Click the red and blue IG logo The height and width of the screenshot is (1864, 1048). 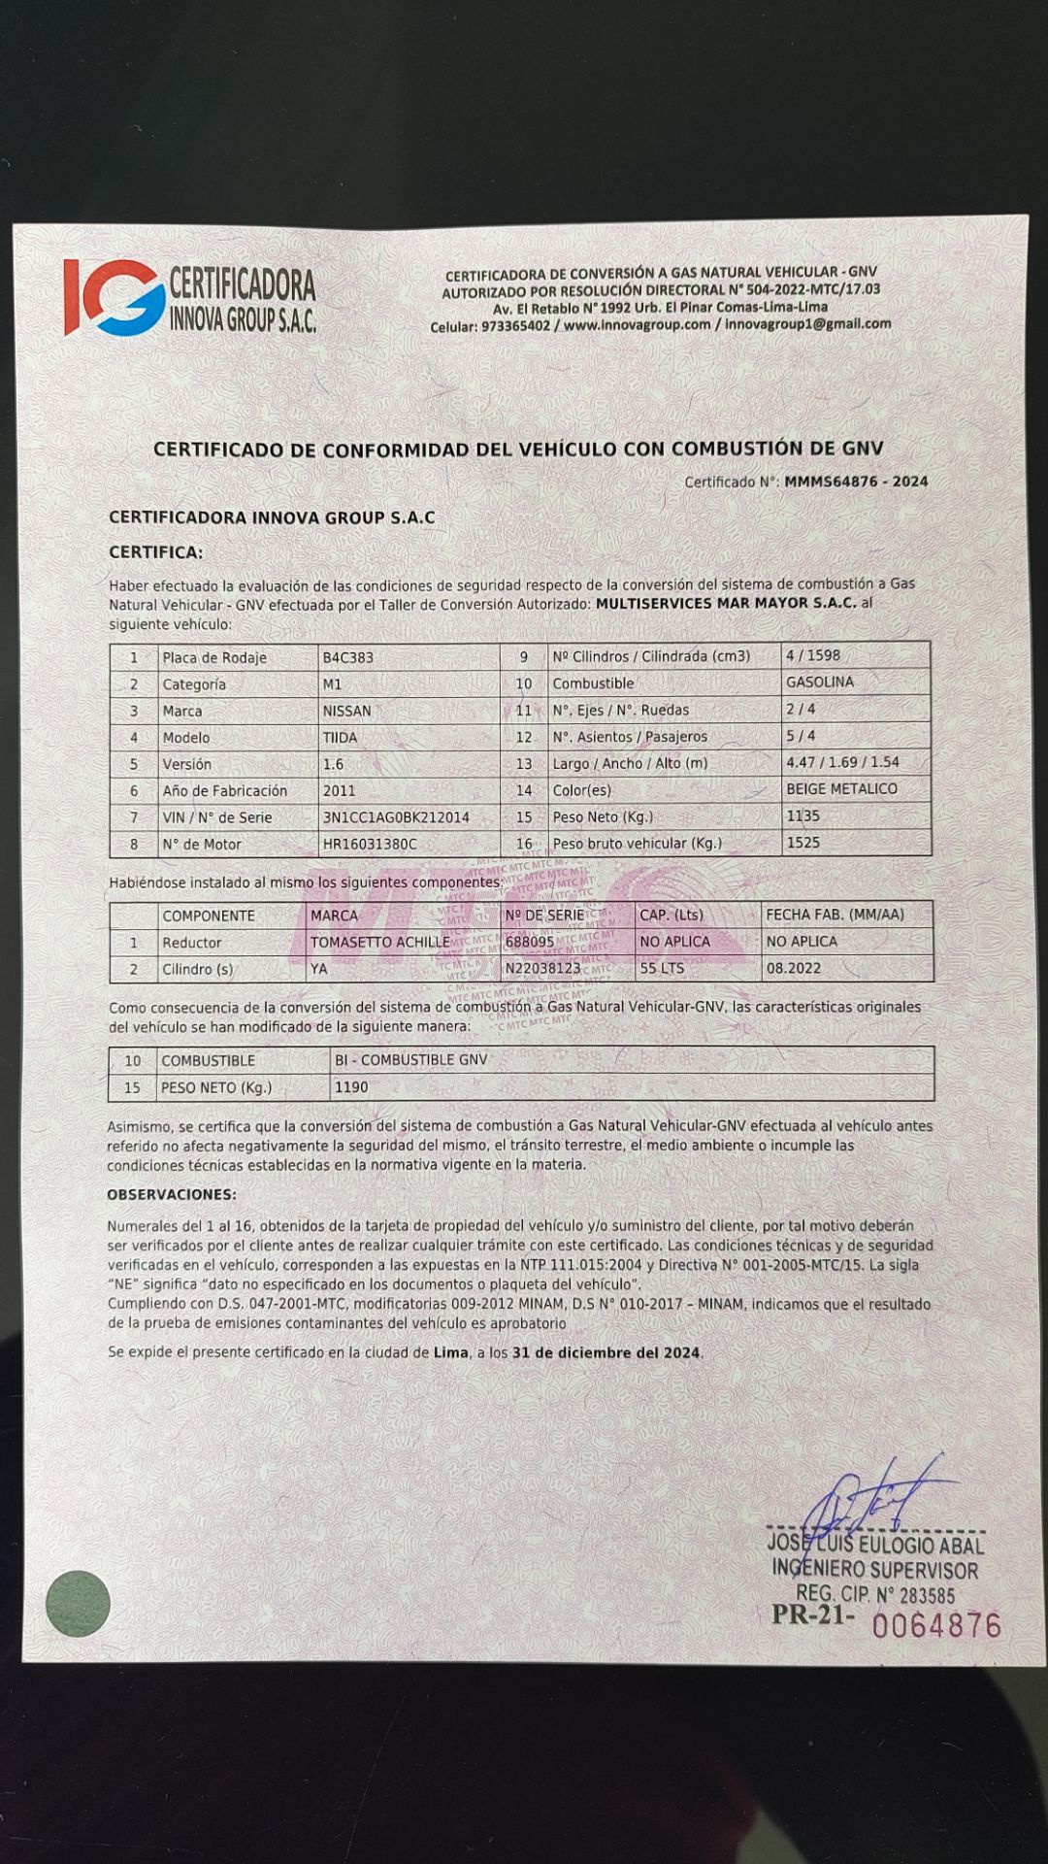[113, 297]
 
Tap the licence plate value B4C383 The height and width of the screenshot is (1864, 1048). [348, 657]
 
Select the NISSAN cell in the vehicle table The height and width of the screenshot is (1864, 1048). [346, 711]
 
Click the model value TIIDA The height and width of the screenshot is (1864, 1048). [340, 738]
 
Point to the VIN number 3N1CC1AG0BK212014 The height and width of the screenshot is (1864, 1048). [396, 817]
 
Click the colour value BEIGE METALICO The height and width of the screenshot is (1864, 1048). [841, 789]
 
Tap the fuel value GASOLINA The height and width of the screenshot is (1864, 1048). [820, 682]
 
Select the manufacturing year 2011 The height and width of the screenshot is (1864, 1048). [339, 791]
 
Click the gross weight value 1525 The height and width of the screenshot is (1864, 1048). [802, 843]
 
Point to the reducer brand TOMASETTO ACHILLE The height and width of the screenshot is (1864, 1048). [379, 942]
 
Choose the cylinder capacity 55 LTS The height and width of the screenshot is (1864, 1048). [662, 968]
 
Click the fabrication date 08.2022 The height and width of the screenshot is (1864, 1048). [793, 968]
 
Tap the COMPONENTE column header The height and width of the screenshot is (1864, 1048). [209, 915]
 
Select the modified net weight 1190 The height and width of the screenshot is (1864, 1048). [350, 1087]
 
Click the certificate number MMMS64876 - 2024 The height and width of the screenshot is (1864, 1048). [856, 482]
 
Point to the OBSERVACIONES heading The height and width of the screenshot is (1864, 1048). [171, 1194]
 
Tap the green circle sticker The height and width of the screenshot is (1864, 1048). [78, 1603]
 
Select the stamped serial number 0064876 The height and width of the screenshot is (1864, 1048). [935, 1624]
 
